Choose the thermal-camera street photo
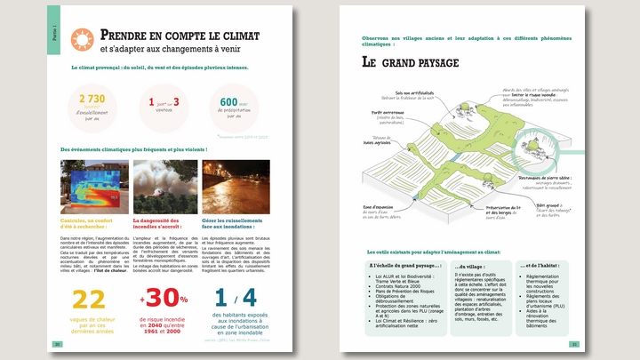(92, 187)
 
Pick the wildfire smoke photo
(165, 187)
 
